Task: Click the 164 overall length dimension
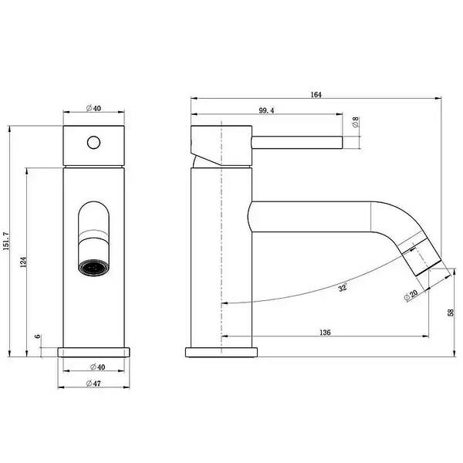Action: tap(316, 94)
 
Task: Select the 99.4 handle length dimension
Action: tap(266, 110)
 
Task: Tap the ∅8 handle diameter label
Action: tap(356, 122)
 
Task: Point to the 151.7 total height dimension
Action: tap(6, 242)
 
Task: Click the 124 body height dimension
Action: tap(23, 262)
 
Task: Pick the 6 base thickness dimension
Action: tap(38, 336)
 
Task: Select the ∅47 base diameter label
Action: tap(93, 384)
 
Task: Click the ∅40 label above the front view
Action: tap(93, 108)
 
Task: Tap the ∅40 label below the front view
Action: tap(97, 367)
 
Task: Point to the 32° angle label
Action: tap(343, 287)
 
